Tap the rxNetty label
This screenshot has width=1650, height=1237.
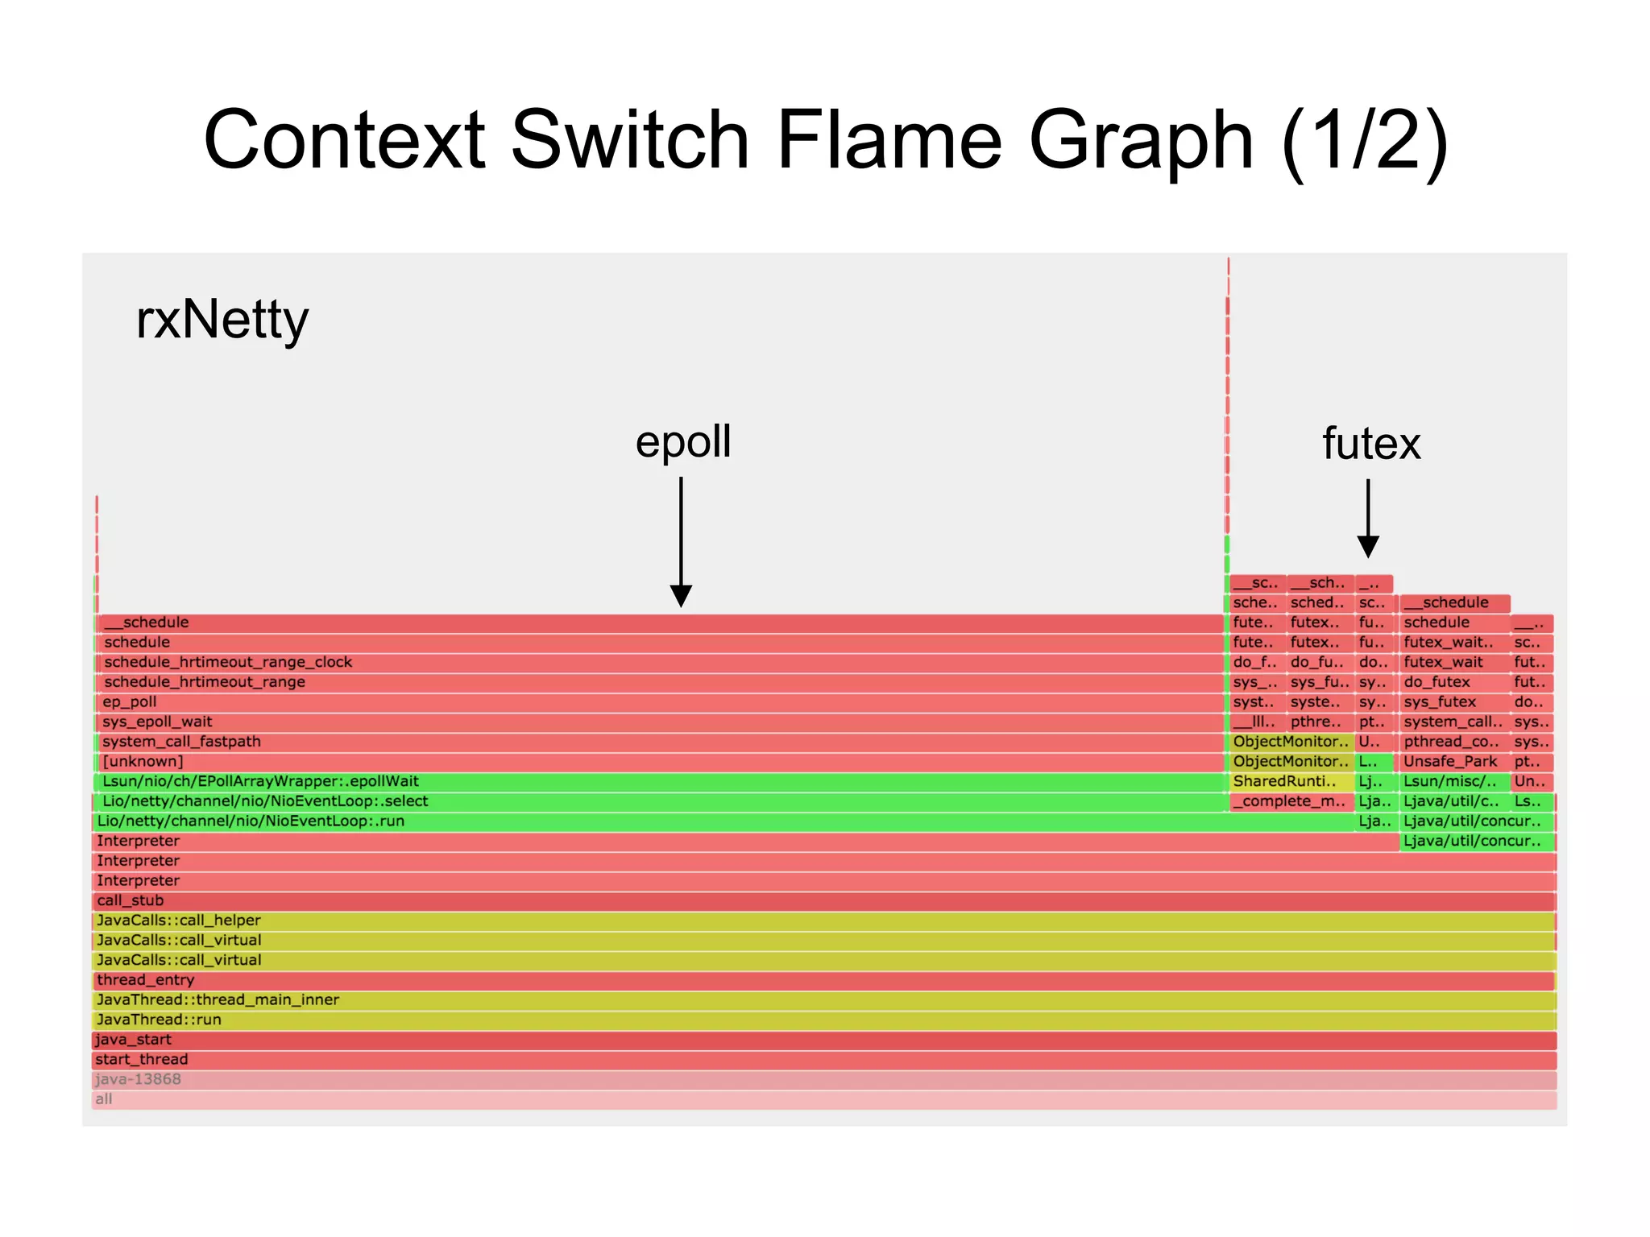[222, 320]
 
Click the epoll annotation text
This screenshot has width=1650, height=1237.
[683, 441]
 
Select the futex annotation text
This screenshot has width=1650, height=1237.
[1371, 444]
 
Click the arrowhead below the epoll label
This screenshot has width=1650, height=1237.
[681, 596]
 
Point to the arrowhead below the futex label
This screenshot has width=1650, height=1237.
[1368, 547]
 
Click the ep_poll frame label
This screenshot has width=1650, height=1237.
[130, 701]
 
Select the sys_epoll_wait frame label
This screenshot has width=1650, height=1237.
[157, 722]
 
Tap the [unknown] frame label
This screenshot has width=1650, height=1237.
[143, 761]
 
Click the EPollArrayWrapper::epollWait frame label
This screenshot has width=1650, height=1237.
[260, 781]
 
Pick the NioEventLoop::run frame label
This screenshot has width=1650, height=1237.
[251, 821]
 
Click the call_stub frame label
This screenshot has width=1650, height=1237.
[130, 900]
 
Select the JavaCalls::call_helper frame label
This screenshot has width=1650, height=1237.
[178, 920]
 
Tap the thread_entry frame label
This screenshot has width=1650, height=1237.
[145, 979]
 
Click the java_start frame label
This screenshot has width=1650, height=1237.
[133, 1039]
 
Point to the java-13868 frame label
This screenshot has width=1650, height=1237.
[138, 1079]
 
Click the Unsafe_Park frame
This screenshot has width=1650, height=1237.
[1450, 761]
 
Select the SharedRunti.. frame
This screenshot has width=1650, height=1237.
[1284, 781]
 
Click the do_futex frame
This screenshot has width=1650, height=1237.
[1436, 682]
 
